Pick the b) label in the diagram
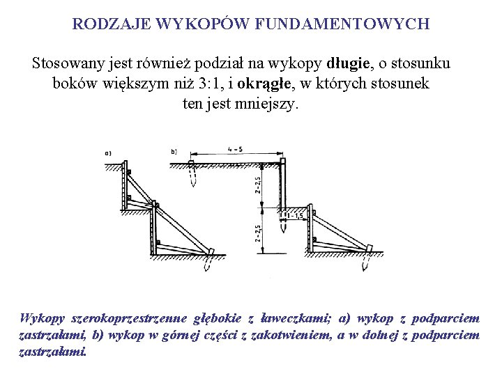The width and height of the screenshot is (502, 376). click(x=174, y=151)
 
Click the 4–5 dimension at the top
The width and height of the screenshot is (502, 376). click(x=235, y=148)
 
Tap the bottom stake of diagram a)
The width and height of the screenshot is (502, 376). click(x=207, y=264)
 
